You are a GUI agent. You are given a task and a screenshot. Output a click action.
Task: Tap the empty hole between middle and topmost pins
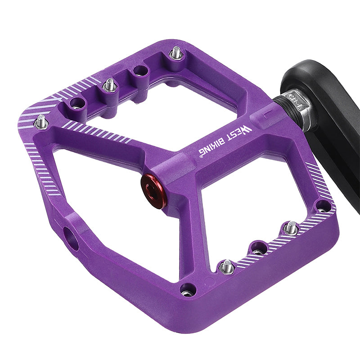click(141, 70)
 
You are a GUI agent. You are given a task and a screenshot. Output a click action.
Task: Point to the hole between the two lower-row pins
click(259, 247)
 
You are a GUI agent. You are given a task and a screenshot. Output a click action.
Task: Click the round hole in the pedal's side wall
click(70, 237)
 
